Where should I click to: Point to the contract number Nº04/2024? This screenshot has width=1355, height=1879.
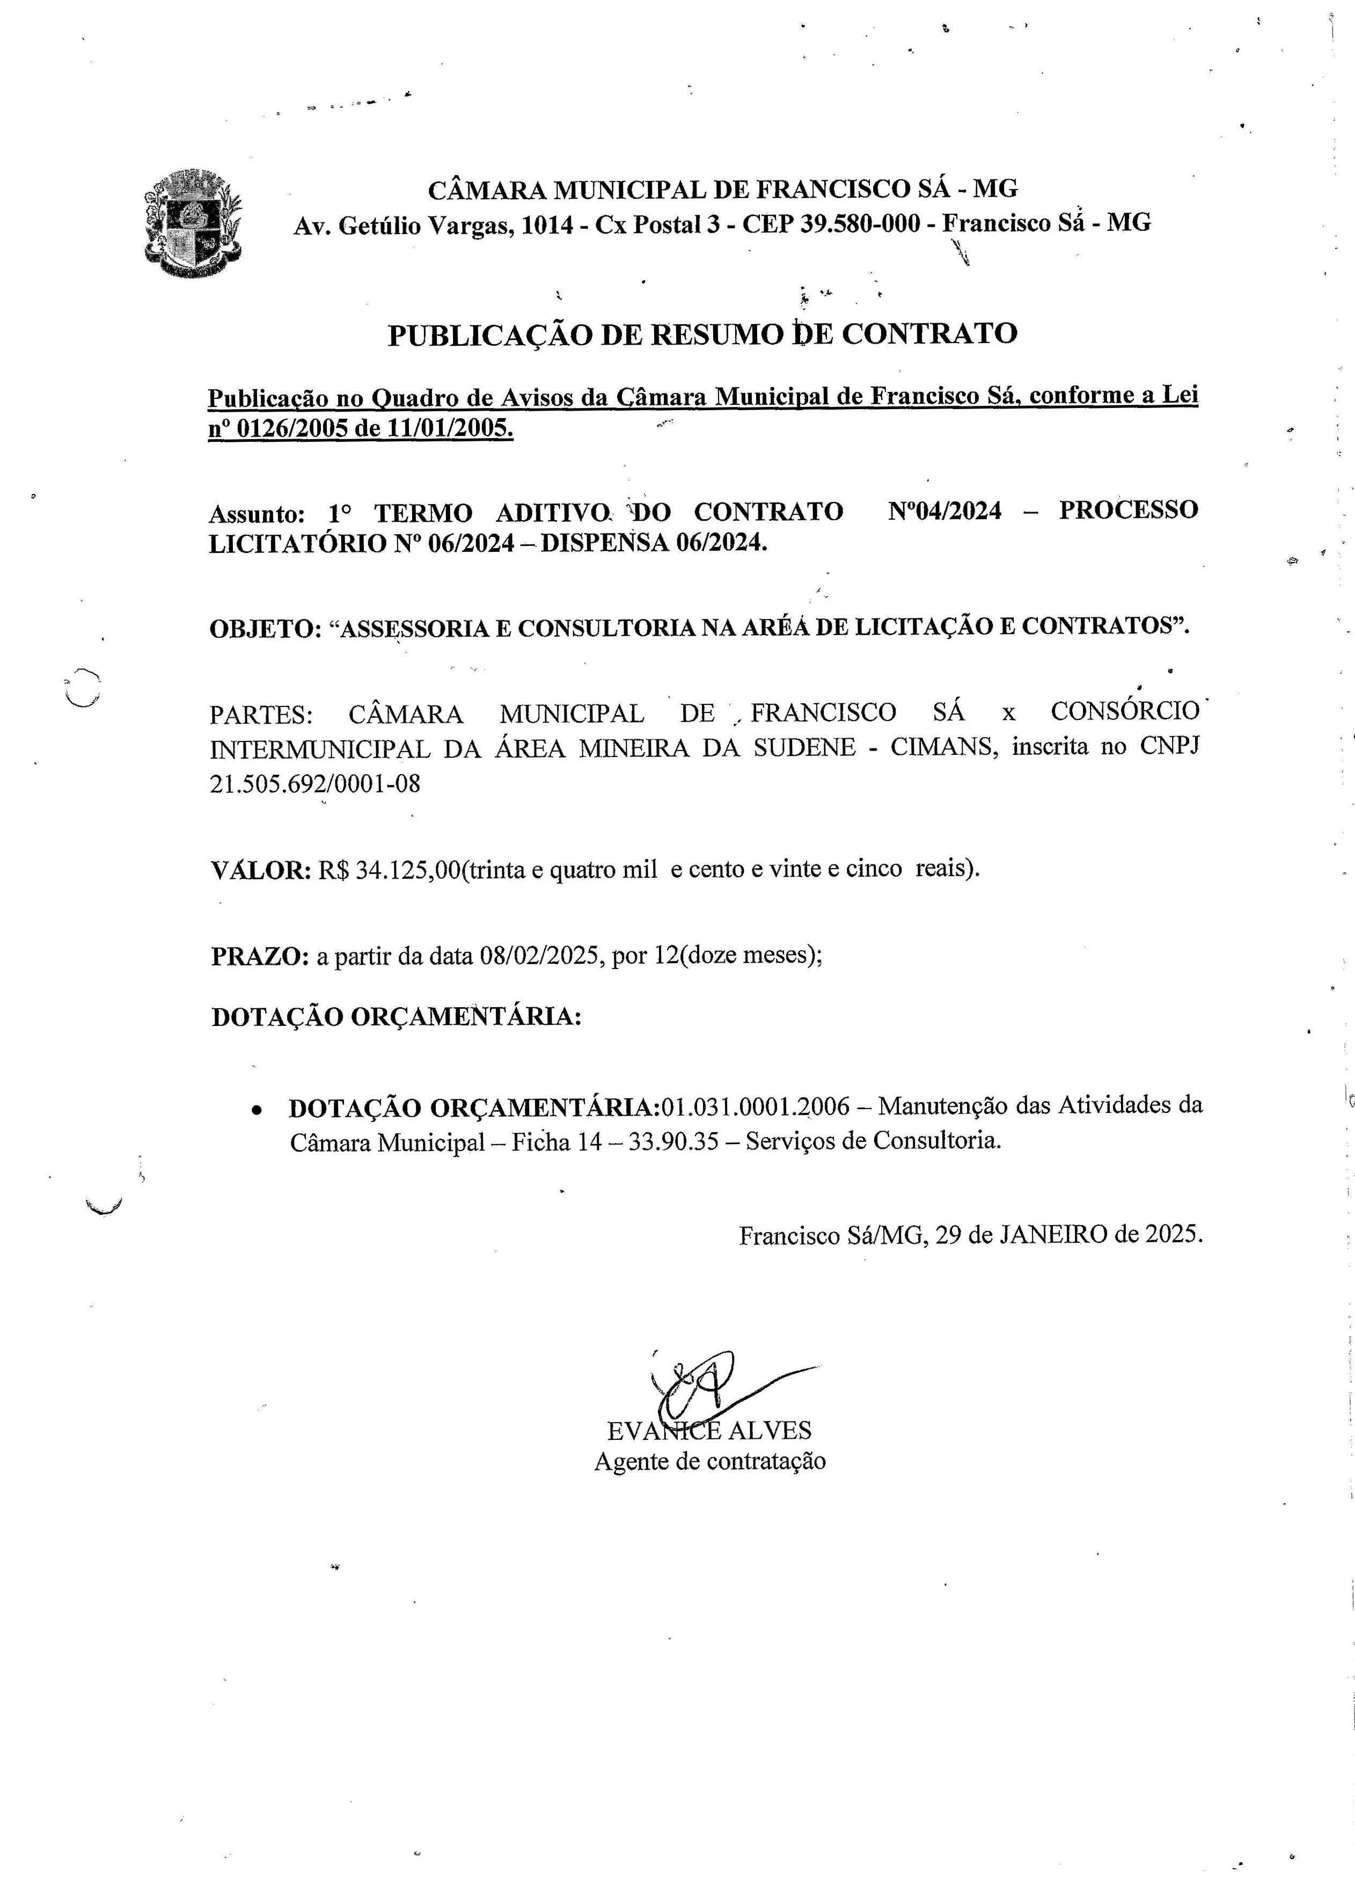coord(944,511)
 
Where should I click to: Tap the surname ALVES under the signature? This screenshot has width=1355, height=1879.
coord(770,1431)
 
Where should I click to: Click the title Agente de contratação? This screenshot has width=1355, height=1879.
coord(710,1461)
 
